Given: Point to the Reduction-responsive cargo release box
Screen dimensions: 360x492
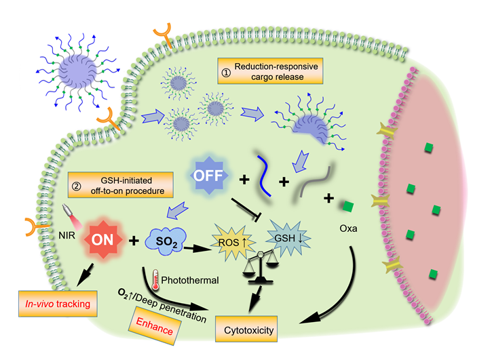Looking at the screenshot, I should click(270, 73).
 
